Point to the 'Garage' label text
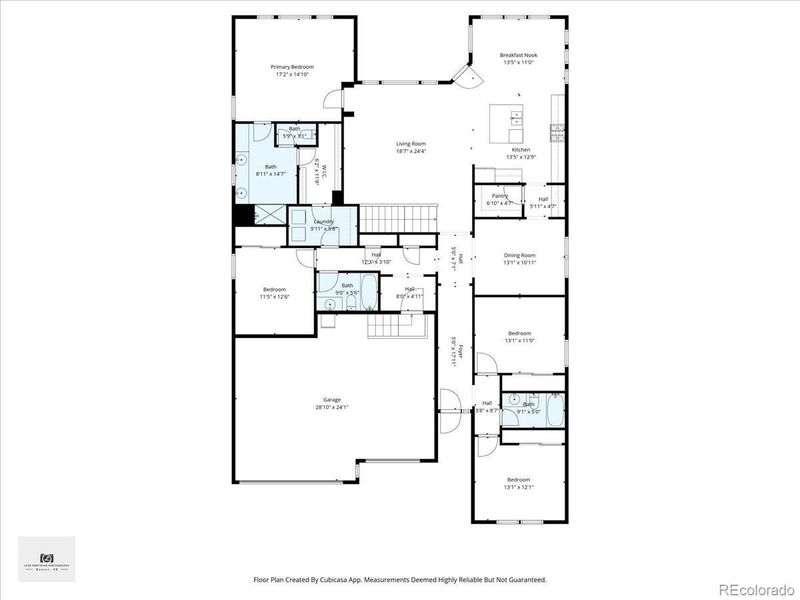coord(331,400)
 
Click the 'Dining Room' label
coord(519,255)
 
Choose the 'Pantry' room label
coord(499,196)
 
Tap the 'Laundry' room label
coord(323,221)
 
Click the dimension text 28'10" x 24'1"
coord(331,408)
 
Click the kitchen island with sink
coord(507,124)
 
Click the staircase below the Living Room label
coord(399,216)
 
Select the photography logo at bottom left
coord(46,559)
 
